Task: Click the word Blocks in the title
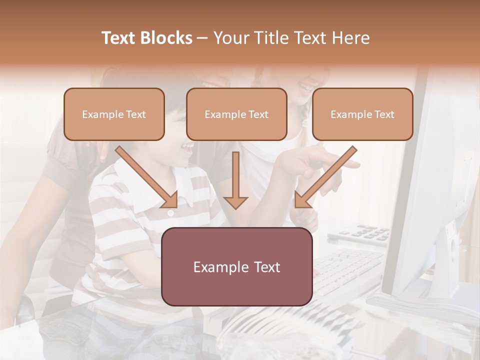click(167, 38)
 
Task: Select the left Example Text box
click(114, 114)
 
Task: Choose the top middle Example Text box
click(236, 114)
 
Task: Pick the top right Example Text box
click(362, 114)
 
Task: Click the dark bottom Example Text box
click(237, 267)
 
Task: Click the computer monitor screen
click(430, 190)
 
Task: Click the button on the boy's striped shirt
click(170, 213)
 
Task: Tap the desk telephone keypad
click(365, 232)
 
